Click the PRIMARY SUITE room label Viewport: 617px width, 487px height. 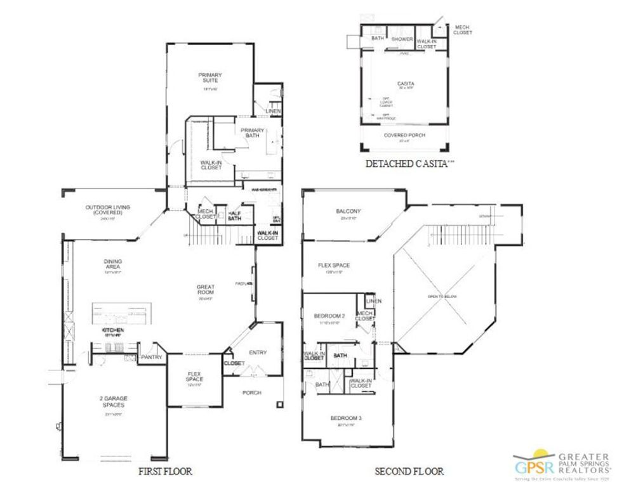pos(210,77)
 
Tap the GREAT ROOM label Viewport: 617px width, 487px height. pos(206,290)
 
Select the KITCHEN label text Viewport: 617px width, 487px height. pos(112,330)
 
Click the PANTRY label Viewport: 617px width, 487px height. pos(152,357)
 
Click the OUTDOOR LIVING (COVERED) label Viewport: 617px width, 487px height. pos(103,209)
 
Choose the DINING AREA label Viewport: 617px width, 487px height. pos(113,264)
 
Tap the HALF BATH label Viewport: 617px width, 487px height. pos(235,216)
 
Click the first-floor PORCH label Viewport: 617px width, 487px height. pos(252,393)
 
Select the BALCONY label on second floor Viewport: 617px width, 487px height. pos(348,211)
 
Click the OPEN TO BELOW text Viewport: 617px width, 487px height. pos(443,297)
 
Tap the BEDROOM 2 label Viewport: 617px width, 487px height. pos(329,316)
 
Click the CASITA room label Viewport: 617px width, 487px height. pos(406,84)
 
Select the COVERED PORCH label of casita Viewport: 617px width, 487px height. pos(404,135)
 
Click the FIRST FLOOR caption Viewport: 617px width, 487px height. pos(165,471)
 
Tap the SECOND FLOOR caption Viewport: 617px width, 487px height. pos(409,471)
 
